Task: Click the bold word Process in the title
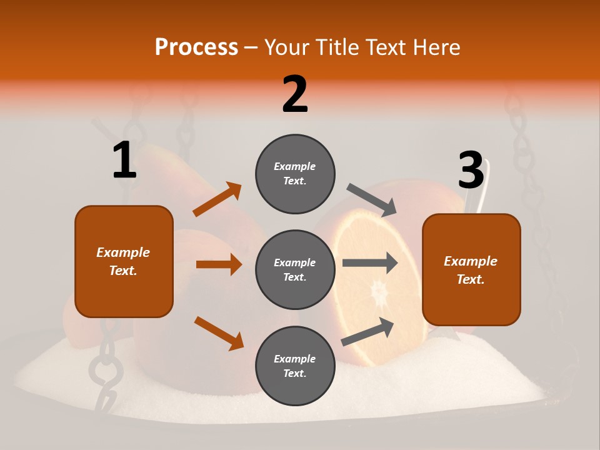[x=196, y=47]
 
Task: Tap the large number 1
[x=124, y=160]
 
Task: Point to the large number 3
[x=471, y=171]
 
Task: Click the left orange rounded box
[x=124, y=261]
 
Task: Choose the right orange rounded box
[x=471, y=270]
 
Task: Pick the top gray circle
[x=295, y=174]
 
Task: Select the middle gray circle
[x=295, y=269]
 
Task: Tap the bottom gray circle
[x=295, y=366]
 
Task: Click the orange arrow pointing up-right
[x=217, y=199]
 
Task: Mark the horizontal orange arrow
[x=219, y=264]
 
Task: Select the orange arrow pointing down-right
[x=219, y=332]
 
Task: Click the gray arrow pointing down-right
[x=372, y=200]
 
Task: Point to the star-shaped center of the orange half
[x=379, y=291]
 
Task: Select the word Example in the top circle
[x=295, y=167]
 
